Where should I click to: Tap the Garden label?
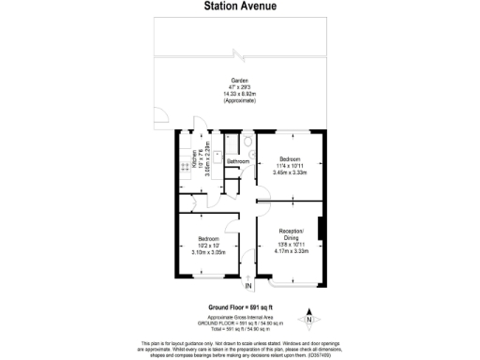(x=239, y=81)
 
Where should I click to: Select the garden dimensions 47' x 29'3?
(x=239, y=87)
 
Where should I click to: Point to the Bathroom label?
(x=238, y=161)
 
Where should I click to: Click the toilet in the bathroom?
(x=247, y=142)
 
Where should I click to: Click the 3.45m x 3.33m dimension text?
(x=291, y=172)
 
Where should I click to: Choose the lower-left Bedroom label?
(x=210, y=239)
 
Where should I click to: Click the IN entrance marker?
(x=249, y=286)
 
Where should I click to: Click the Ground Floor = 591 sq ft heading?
(x=239, y=307)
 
